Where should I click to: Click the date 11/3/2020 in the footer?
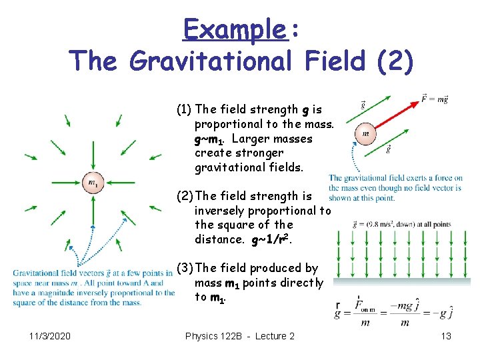point(51,336)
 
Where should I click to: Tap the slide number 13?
point(446,336)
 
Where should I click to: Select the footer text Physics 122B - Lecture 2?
point(239,336)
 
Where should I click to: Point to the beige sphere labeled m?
point(365,133)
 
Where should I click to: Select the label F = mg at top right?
point(435,99)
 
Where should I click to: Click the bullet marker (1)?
point(184,109)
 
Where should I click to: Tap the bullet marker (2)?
point(184,196)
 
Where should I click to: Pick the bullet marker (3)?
point(184,268)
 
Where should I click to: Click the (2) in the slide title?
point(395,61)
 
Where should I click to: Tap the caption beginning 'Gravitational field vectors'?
point(92,287)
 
